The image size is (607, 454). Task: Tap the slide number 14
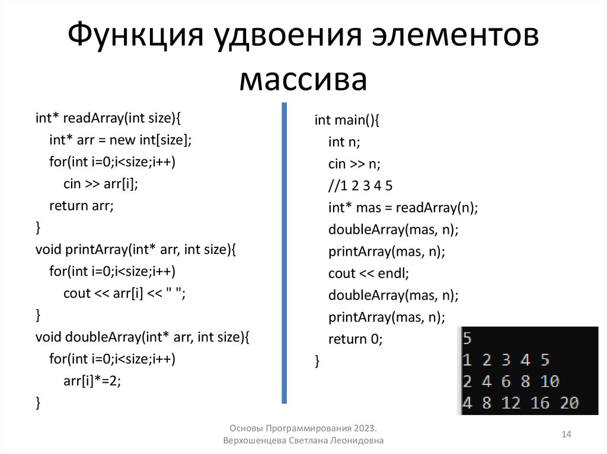(566, 435)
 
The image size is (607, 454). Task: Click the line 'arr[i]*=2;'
(92, 381)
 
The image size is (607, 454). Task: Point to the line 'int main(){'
(346, 120)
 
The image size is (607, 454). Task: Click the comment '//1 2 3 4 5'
(360, 186)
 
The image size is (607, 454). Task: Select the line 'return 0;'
(356, 339)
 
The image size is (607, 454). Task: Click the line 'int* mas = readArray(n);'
(403, 208)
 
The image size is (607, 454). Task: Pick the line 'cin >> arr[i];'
(100, 183)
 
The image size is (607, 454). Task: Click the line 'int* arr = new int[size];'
(121, 140)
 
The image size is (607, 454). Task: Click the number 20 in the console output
(568, 403)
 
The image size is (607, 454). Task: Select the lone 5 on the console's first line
(467, 339)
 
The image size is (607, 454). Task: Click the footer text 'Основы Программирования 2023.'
(303, 428)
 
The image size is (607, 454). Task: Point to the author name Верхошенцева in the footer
(255, 441)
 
